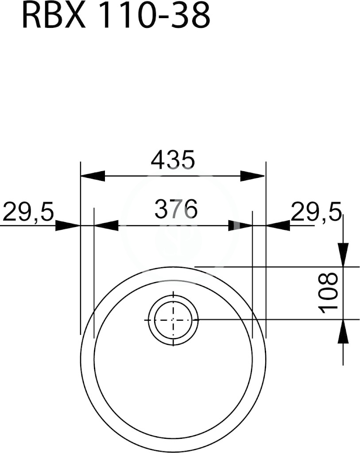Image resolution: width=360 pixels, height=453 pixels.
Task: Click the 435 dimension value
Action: tap(173, 159)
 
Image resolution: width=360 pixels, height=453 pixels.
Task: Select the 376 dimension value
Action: tap(176, 209)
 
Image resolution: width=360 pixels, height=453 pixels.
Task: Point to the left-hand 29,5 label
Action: tap(28, 212)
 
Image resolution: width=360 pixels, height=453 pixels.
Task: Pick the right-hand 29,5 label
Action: tap(316, 211)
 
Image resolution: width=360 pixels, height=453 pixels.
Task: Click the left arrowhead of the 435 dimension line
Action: tap(93, 176)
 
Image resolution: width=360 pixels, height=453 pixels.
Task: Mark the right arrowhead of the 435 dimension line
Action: tap(252, 176)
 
